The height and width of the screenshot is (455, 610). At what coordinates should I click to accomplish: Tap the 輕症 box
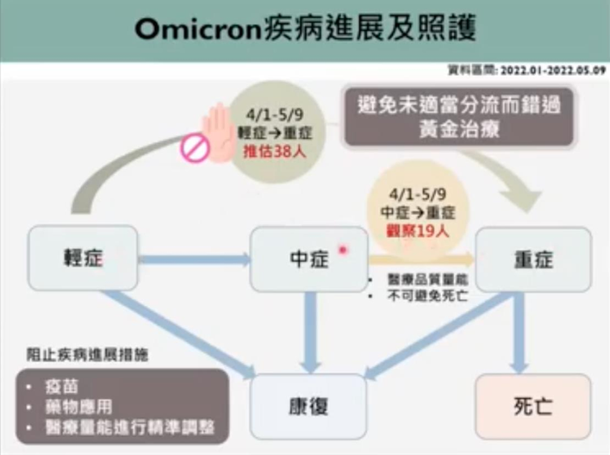click(x=83, y=258)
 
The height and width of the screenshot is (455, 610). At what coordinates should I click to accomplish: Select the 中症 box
click(x=308, y=259)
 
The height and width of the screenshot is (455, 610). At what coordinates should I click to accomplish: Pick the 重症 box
click(x=533, y=259)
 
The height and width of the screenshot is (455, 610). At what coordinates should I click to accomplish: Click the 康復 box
click(x=308, y=406)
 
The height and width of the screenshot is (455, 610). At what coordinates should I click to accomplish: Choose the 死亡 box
click(x=533, y=406)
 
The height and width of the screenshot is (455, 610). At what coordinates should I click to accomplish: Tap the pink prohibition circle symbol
click(x=194, y=149)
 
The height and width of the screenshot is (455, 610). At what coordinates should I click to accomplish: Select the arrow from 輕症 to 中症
click(x=193, y=259)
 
